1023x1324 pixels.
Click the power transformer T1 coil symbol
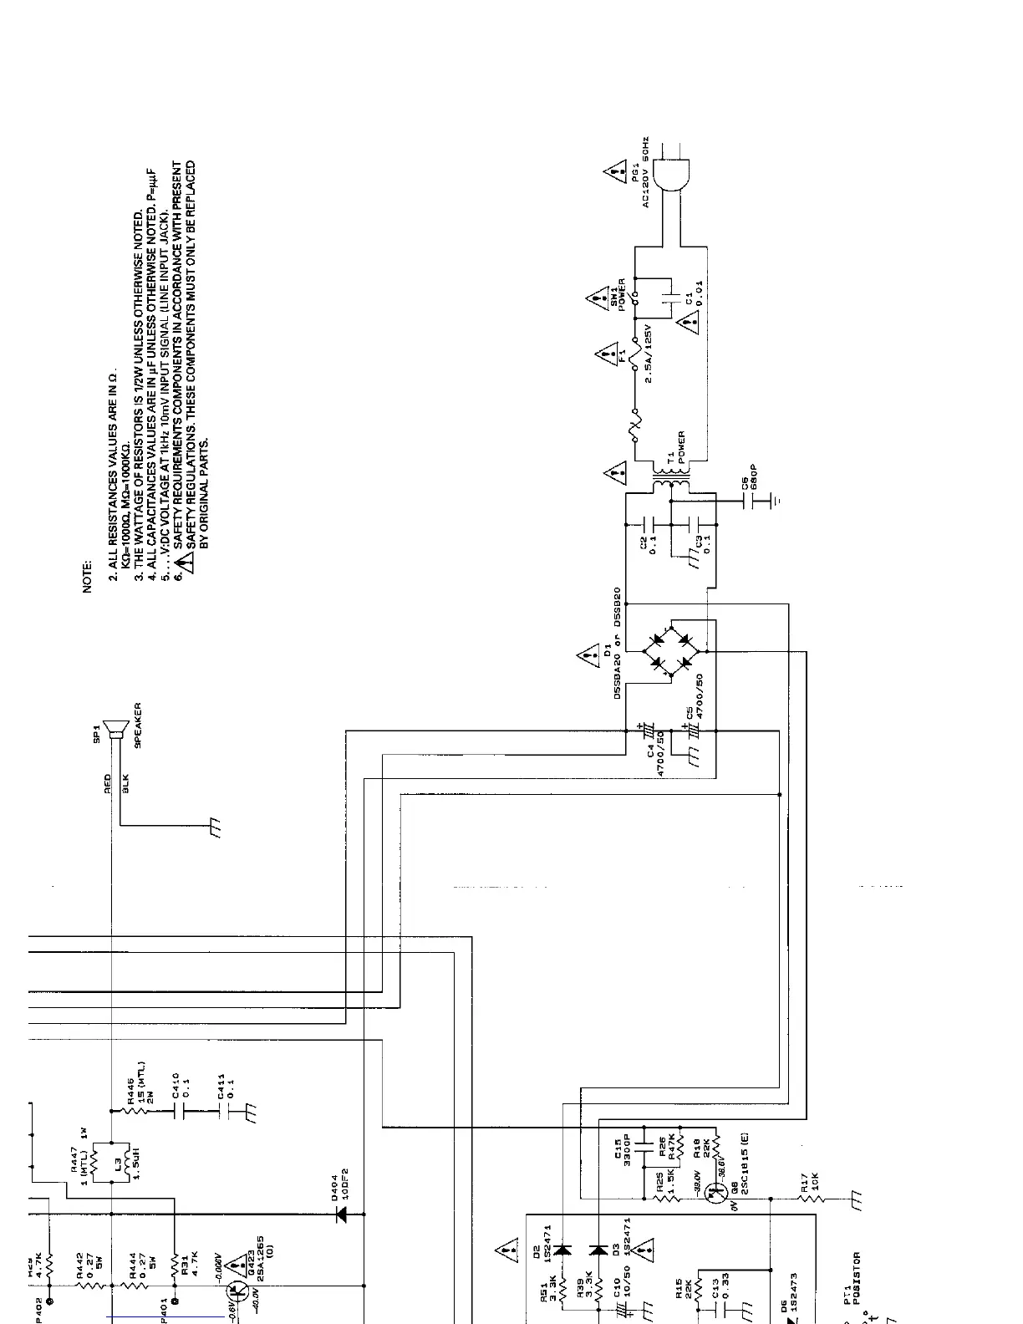(x=671, y=483)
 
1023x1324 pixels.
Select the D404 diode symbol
(x=341, y=1215)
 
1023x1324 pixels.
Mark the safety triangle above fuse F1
(x=604, y=356)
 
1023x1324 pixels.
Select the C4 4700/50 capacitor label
(x=654, y=754)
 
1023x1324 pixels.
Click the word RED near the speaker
(x=108, y=783)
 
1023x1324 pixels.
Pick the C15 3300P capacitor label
(x=623, y=1154)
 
